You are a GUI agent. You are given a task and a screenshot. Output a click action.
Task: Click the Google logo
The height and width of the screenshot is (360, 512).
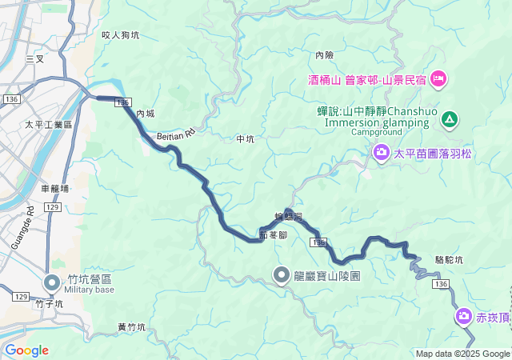coord(26,350)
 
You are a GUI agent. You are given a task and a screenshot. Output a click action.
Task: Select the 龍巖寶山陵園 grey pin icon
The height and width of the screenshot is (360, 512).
coord(282,275)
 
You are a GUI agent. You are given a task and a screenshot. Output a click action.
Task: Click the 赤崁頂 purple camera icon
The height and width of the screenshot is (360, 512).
coord(464,318)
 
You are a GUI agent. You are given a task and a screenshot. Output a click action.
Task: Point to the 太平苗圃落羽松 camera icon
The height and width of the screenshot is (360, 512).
coord(382,152)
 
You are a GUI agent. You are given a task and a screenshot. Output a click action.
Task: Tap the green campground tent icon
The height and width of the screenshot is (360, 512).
coord(450,120)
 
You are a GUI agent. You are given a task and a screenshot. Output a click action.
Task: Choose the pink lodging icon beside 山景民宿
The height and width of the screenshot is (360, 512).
coord(438,78)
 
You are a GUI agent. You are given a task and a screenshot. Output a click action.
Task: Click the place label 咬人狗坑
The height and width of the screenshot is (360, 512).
coord(121,35)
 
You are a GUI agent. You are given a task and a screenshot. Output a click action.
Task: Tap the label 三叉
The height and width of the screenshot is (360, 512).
coord(34,59)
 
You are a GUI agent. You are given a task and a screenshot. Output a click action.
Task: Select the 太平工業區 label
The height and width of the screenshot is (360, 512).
coord(48,125)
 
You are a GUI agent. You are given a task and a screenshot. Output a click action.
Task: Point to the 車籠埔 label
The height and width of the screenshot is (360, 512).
coord(54,189)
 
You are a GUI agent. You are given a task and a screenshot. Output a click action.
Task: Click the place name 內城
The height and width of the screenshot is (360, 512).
coord(145,114)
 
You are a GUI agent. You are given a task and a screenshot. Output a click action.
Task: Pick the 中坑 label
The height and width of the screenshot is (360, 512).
coord(245,139)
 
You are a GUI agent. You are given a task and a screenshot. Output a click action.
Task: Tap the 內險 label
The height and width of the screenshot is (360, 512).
coord(324,55)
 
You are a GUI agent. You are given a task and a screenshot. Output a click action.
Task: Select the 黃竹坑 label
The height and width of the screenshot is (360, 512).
coord(131,327)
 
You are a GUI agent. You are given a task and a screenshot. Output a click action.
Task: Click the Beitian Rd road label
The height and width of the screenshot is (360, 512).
coord(176,133)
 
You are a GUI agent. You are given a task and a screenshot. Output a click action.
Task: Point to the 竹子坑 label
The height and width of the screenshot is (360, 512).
coord(49,304)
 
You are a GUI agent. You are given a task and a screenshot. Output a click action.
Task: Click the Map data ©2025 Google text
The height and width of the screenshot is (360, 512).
coord(462,354)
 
